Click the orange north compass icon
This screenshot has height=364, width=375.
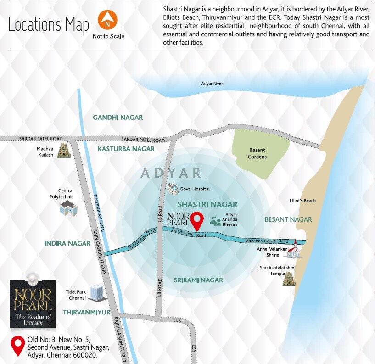click(x=108, y=21)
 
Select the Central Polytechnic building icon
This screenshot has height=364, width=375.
click(x=68, y=208)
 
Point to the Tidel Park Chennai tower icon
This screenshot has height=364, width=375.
click(x=96, y=292)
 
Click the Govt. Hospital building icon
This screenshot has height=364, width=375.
click(x=173, y=188)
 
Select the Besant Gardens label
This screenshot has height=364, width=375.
click(x=257, y=153)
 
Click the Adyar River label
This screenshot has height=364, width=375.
click(x=212, y=84)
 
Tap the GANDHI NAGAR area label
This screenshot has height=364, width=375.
click(x=118, y=118)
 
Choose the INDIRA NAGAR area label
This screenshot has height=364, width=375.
click(x=67, y=243)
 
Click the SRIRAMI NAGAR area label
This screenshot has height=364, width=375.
click(x=198, y=280)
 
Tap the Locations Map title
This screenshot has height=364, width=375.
click(x=48, y=25)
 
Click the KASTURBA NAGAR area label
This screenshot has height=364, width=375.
click(x=126, y=149)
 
